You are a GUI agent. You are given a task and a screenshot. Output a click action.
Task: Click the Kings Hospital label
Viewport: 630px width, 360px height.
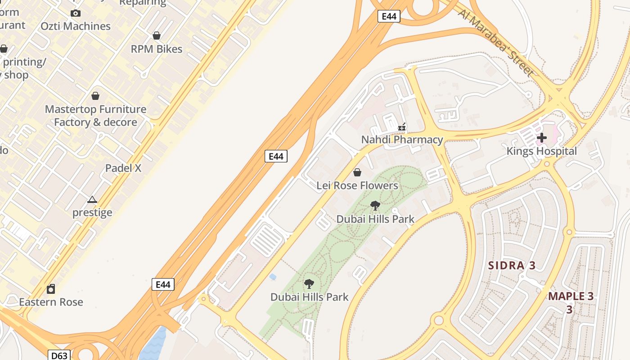tap(541, 151)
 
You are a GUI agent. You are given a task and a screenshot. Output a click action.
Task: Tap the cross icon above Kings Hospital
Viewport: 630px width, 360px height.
tap(542, 137)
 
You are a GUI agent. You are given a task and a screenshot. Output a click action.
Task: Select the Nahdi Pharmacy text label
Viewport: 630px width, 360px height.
tap(402, 139)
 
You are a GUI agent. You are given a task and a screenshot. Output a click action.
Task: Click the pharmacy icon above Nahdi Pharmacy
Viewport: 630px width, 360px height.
tap(402, 127)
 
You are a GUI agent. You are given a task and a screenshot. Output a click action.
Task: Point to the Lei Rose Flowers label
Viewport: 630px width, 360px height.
tap(357, 185)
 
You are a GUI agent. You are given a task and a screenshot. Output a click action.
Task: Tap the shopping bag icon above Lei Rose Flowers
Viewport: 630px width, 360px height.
tap(357, 172)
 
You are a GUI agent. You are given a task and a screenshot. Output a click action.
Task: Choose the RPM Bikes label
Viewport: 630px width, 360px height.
tap(157, 49)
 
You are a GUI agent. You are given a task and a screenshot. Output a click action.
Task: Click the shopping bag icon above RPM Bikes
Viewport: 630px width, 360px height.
tap(157, 36)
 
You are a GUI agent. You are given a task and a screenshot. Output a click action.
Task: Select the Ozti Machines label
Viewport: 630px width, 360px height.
tap(76, 26)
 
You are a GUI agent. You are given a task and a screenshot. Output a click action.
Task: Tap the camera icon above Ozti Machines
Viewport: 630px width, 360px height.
tap(76, 13)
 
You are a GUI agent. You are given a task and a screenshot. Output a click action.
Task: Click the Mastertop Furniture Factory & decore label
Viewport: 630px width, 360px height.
tap(95, 116)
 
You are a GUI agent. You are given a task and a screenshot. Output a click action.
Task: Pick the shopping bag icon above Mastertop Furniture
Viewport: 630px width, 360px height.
tap(95, 96)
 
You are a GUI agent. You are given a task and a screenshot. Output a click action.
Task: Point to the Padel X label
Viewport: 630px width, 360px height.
tap(123, 168)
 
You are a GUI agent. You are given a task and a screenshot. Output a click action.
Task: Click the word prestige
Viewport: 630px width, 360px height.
tap(92, 212)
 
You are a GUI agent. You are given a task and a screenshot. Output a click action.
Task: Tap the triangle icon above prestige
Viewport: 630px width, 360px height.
tap(92, 199)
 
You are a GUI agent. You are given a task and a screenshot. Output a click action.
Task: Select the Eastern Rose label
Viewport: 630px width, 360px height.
tap(51, 301)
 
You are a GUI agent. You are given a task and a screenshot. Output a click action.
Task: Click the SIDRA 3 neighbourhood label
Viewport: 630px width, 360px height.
tap(512, 265)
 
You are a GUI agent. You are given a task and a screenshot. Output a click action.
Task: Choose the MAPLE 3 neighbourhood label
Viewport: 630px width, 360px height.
tap(571, 297)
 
